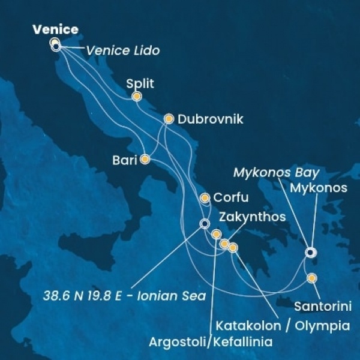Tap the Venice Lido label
[123, 50]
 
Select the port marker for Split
[137, 96]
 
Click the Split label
[140, 83]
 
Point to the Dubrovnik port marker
[169, 119]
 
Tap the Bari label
[125, 160]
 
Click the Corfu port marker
[205, 197]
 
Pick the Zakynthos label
[253, 217]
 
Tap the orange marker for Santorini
[312, 278]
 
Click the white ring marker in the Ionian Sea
[205, 224]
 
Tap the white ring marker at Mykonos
[310, 252]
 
